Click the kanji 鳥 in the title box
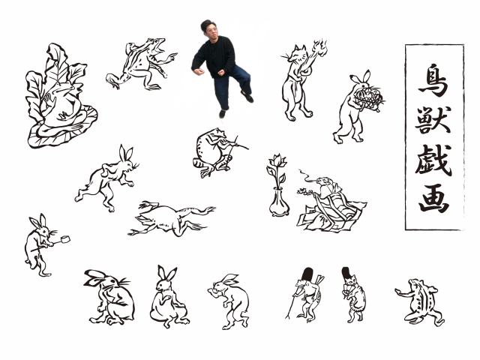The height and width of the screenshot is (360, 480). pyautogui.click(x=434, y=80)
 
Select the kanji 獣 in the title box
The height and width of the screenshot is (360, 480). pyautogui.click(x=433, y=119)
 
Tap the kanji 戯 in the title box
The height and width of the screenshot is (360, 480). pyautogui.click(x=433, y=160)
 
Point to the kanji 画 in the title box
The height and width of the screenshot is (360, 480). pyautogui.click(x=434, y=198)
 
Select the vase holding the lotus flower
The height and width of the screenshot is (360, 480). pyautogui.click(x=279, y=202)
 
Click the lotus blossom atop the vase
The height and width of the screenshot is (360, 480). pyautogui.click(x=278, y=160)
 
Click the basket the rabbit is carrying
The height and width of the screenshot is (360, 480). pyautogui.click(x=368, y=98)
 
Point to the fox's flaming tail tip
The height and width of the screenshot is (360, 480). pyautogui.click(x=319, y=47)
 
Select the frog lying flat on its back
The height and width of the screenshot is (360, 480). pyautogui.click(x=172, y=218)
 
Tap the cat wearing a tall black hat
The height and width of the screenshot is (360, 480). pyautogui.click(x=353, y=295)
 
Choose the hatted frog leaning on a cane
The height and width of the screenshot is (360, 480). pyautogui.click(x=306, y=295)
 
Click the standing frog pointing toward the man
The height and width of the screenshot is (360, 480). pyautogui.click(x=142, y=64)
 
